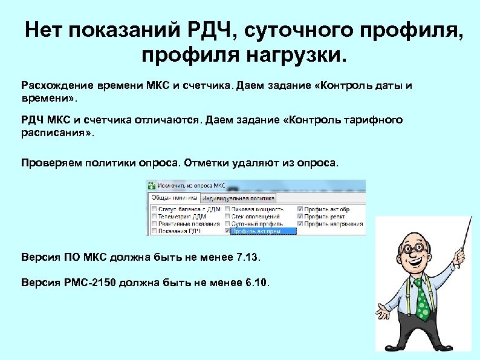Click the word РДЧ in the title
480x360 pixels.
209,30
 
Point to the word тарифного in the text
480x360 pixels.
372,120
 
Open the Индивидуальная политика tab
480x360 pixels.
238,198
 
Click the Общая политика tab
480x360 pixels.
175,198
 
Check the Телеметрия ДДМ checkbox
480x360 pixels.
154,216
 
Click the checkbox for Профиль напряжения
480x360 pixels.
300,223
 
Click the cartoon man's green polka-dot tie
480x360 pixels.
421,299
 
